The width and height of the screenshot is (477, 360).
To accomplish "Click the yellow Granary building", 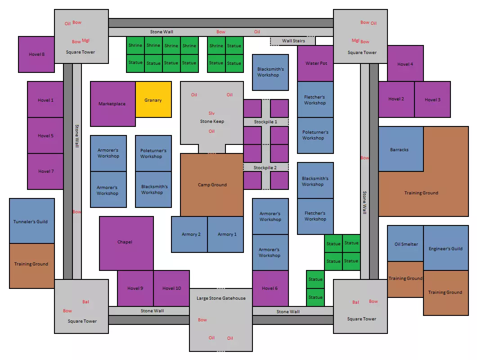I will coord(153,100).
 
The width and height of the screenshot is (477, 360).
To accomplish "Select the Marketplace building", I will coord(112,104).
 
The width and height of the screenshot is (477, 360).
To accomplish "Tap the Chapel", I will coord(125,242).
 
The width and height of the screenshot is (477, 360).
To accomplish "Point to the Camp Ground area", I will coord(212,185).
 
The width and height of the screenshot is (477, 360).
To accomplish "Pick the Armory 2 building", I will coord(191,234).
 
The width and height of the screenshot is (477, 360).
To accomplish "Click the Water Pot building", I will coord(316,63).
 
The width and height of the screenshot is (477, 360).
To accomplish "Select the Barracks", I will coord(400,149).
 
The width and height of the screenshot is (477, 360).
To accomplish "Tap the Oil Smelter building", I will coord(406,244).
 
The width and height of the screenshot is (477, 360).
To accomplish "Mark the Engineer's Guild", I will coord(445,248).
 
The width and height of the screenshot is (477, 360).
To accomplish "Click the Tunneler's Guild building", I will coord(31,221).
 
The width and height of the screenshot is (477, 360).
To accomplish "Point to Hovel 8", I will coord(36,54).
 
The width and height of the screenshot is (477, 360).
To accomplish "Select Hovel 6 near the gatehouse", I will coord(270,288).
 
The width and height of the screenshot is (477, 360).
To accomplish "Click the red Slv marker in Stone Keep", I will coord(212,113).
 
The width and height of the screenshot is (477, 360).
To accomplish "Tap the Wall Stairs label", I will coord(293,41).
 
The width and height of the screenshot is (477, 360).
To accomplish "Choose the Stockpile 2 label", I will coord(265,167).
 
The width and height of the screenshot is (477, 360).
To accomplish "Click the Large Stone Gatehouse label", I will coord(221,298).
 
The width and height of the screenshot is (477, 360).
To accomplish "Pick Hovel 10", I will coord(172,288).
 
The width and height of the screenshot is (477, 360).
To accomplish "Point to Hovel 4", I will coord(405,64).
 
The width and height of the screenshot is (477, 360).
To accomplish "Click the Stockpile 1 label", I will coord(265,122).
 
